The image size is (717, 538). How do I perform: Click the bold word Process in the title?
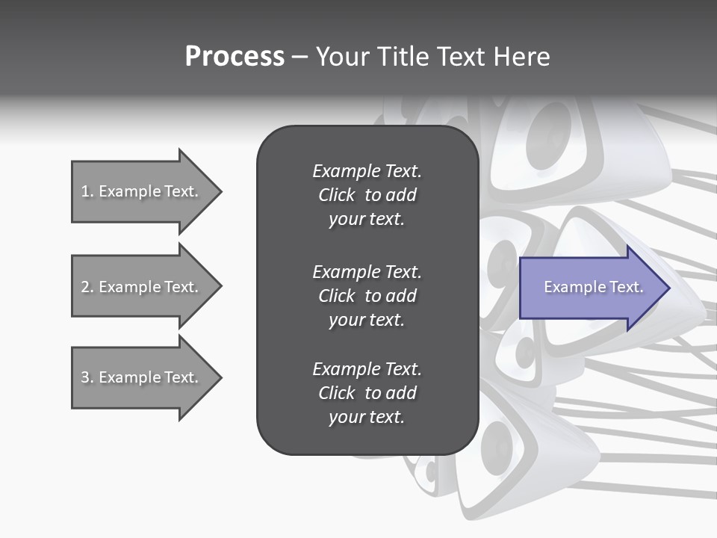coord(235,57)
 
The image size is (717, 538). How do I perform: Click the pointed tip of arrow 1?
coord(220,191)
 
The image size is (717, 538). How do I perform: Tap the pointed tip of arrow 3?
coord(220,377)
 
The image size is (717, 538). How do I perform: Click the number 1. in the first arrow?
coord(87,191)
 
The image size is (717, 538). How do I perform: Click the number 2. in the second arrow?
coord(87,287)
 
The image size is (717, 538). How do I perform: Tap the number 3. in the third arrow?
coord(87,377)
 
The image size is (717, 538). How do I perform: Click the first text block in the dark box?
coord(367,195)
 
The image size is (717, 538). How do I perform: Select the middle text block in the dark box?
coord(367,296)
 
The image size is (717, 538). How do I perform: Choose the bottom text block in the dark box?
coord(367,393)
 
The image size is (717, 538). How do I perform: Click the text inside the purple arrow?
coord(594,288)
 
